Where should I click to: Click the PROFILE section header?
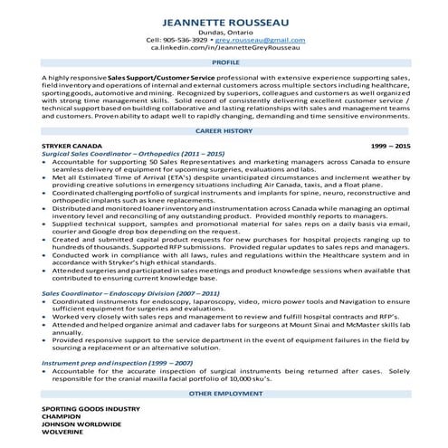click(224, 66)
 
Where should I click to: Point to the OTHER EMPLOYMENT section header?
click(224, 395)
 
